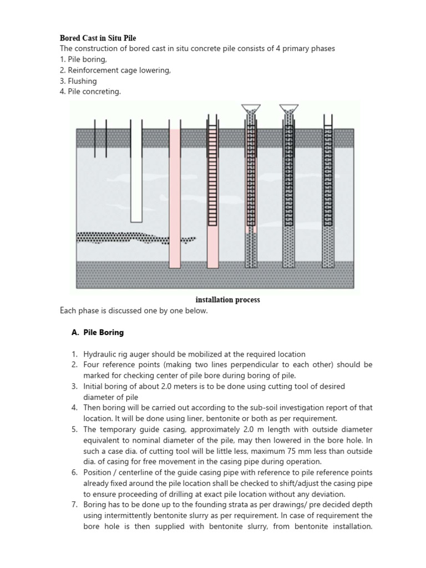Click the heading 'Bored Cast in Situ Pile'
(x=98, y=38)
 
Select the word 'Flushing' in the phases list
(x=82, y=81)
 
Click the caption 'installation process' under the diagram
(x=227, y=300)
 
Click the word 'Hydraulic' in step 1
(x=100, y=354)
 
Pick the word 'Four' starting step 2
(x=92, y=364)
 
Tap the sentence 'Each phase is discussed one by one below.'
(x=134, y=311)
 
